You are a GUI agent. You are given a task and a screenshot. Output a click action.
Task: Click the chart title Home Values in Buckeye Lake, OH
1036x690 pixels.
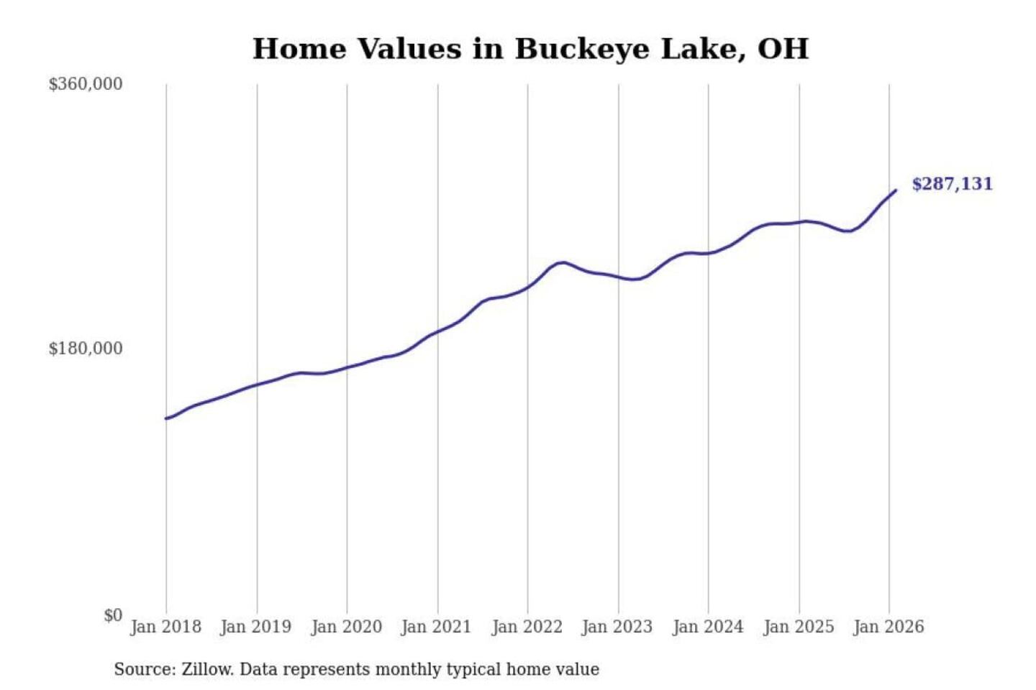point(530,49)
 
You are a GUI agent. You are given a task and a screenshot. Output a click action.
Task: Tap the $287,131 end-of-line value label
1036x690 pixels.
point(952,184)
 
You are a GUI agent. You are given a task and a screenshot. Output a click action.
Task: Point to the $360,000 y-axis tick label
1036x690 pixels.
point(86,84)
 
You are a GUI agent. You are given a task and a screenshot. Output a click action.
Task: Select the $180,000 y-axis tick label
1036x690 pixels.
point(86,349)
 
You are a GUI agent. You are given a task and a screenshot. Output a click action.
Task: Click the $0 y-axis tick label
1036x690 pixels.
point(113,615)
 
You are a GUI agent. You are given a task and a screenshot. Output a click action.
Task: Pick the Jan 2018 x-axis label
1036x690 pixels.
point(165,627)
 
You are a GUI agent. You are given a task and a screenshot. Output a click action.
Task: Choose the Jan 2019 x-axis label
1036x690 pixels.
point(255,627)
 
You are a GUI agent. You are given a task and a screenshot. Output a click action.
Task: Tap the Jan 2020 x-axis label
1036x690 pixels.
point(346,627)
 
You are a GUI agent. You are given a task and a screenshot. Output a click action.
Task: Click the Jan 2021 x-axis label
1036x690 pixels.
point(436,627)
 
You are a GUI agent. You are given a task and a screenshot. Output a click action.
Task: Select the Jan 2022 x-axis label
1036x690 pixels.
point(527,627)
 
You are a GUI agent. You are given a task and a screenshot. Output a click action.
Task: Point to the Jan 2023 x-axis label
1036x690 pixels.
point(617,627)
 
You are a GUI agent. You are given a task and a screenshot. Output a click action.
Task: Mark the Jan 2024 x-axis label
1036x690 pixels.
point(707,627)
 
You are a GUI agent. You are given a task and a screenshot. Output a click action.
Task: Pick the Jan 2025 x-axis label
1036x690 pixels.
point(798,627)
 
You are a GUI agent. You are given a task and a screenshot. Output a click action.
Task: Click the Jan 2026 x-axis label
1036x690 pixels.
point(888,627)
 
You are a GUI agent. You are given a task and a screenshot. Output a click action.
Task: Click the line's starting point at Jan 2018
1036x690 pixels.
point(166,418)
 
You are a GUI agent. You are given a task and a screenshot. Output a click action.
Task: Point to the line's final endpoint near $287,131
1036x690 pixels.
point(896,190)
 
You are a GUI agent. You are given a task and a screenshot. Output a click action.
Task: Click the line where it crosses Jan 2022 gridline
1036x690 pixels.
point(527,287)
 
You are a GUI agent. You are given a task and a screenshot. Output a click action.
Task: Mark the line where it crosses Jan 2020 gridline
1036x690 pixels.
point(347,367)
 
